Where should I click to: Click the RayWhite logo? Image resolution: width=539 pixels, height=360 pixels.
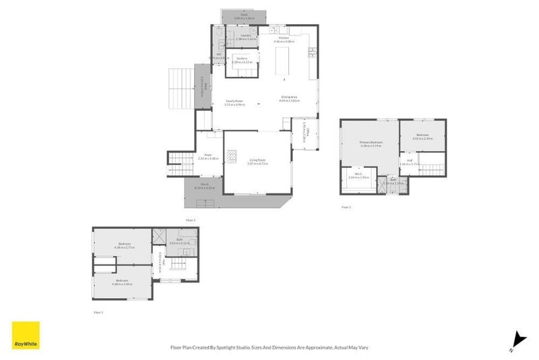tap(26, 335)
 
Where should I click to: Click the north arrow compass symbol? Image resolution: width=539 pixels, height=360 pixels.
tap(517, 340)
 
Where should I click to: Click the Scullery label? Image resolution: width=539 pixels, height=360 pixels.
tap(242, 59)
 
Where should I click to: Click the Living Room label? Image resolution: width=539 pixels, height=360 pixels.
tap(257, 160)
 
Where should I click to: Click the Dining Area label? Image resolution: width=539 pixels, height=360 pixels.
tap(289, 98)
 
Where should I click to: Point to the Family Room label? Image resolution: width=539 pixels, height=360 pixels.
tap(234, 101)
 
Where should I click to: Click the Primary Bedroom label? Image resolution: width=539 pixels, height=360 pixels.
tap(371, 142)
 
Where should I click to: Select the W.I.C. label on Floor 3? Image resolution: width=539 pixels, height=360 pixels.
tap(354, 175)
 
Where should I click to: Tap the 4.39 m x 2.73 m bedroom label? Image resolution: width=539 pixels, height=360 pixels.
tap(125, 244)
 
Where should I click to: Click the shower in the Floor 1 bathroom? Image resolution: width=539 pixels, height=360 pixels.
tap(159, 236)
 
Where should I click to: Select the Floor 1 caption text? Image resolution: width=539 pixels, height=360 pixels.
tap(98, 312)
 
